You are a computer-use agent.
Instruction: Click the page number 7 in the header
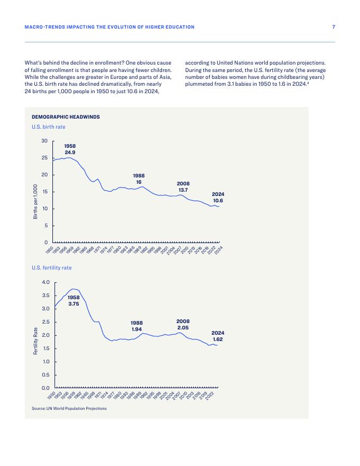tap(333, 26)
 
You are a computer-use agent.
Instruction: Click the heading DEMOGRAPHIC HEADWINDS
tap(66, 116)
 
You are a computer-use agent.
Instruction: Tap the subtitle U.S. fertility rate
tap(51, 268)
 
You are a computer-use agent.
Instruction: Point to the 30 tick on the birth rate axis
tap(44, 141)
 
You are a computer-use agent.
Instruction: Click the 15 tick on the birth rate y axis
tap(44, 192)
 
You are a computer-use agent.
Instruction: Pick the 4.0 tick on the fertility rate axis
tap(46, 282)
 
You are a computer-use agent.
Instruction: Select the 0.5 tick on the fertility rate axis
tap(46, 375)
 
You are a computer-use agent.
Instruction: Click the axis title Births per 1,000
tap(35, 202)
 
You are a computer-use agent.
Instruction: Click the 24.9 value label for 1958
tap(70, 153)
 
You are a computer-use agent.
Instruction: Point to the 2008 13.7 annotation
tap(183, 187)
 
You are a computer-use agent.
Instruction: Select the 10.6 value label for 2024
tap(218, 201)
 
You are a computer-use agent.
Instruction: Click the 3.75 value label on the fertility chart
tap(74, 304)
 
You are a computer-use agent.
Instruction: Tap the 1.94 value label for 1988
tap(137, 329)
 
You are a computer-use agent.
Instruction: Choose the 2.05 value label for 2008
tap(183, 328)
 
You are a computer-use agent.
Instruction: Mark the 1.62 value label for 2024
tap(218, 339)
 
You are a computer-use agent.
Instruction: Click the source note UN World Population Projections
tap(69, 408)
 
